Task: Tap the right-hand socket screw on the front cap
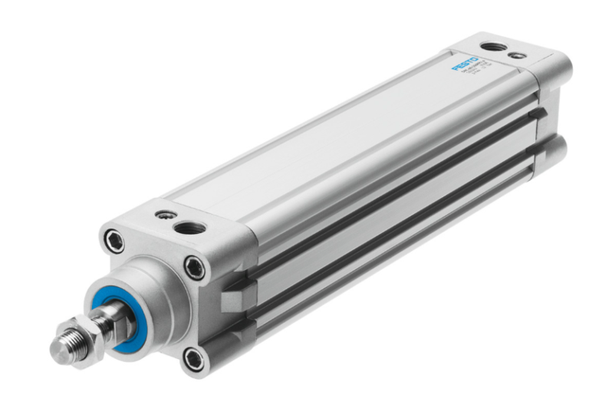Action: [x=195, y=268]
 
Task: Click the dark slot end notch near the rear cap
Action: [x=538, y=114]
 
